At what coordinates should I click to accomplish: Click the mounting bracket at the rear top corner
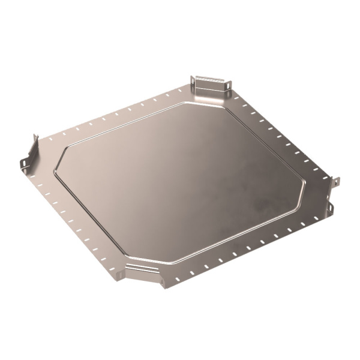[210, 86]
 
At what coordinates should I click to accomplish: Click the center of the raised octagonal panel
[180, 180]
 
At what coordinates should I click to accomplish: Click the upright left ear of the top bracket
[193, 82]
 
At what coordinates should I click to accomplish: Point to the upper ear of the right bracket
[336, 181]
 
